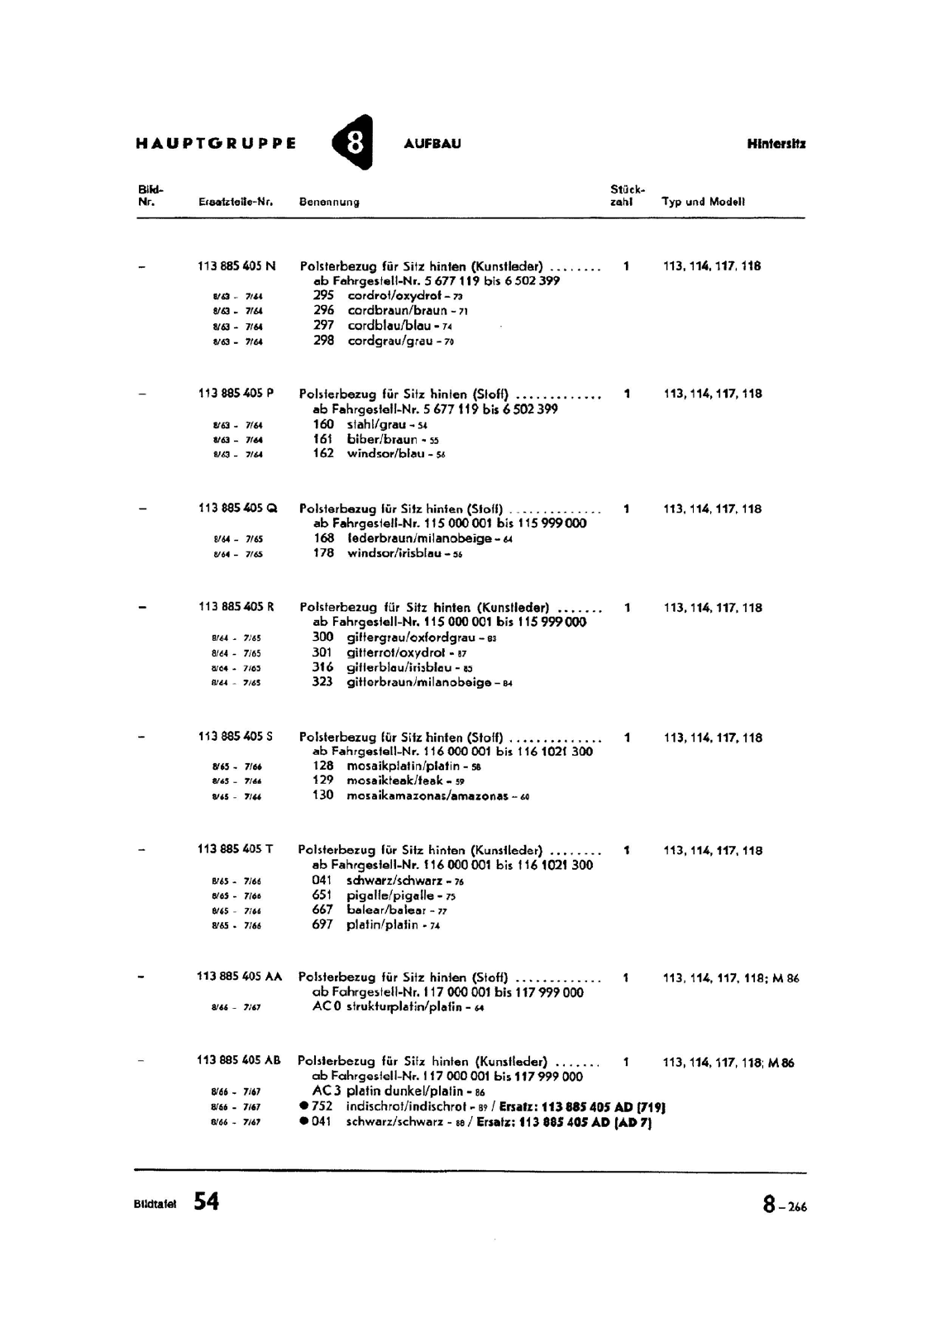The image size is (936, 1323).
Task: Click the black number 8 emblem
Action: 353,142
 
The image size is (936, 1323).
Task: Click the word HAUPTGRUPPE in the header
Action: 216,143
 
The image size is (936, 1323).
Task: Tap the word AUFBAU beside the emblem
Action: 432,143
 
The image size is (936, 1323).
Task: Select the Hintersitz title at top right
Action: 776,143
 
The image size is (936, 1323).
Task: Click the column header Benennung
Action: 329,202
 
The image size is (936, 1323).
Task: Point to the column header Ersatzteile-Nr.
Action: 236,202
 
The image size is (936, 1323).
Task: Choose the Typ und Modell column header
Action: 703,201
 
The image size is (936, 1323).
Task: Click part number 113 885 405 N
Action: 237,266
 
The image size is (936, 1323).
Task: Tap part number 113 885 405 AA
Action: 240,977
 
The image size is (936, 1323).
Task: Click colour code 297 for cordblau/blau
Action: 323,326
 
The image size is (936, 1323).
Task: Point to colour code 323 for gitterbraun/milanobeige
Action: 322,682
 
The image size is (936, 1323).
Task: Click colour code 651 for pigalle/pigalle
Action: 322,895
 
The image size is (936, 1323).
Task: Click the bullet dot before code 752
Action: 304,1106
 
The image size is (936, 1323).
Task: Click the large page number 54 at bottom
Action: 207,1201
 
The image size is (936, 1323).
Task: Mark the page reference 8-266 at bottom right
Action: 785,1206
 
